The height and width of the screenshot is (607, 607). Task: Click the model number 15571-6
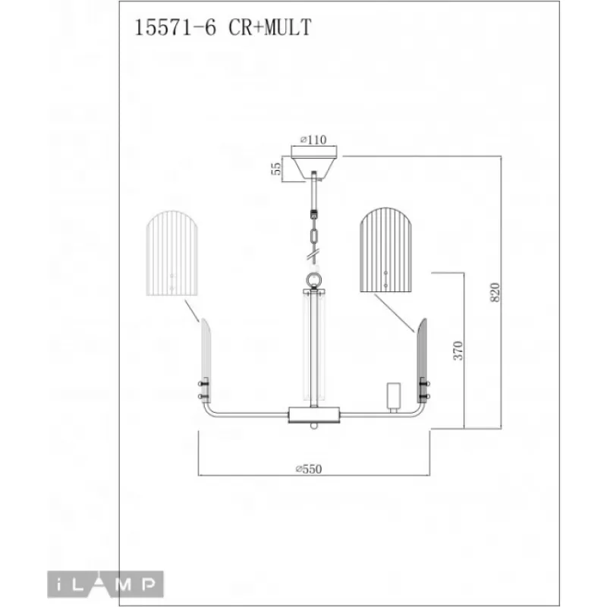pyautogui.click(x=175, y=27)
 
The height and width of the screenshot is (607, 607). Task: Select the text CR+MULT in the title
pyautogui.click(x=270, y=27)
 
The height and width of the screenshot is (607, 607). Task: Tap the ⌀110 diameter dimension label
pyautogui.click(x=313, y=140)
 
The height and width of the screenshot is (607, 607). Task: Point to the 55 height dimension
pyautogui.click(x=276, y=168)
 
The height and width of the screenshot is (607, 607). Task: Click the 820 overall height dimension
pyautogui.click(x=495, y=293)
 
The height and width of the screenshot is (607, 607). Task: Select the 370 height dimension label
pyautogui.click(x=458, y=351)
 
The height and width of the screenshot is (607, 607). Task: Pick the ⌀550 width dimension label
pyautogui.click(x=309, y=469)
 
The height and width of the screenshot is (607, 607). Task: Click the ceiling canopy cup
pyautogui.click(x=314, y=163)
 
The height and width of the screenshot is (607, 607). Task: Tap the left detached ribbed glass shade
pyautogui.click(x=172, y=253)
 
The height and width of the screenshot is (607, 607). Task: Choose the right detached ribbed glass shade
pyautogui.click(x=385, y=250)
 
